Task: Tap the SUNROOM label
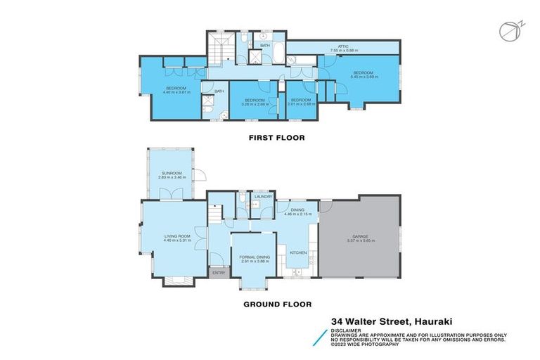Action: pyautogui.click(x=172, y=173)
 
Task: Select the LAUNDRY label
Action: pyautogui.click(x=264, y=197)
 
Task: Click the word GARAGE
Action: pyautogui.click(x=359, y=236)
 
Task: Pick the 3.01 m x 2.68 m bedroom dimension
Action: pyautogui.click(x=301, y=105)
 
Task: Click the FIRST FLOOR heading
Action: pyautogui.click(x=276, y=138)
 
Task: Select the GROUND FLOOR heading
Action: pyautogui.click(x=277, y=304)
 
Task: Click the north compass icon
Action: pyautogui.click(x=507, y=32)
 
